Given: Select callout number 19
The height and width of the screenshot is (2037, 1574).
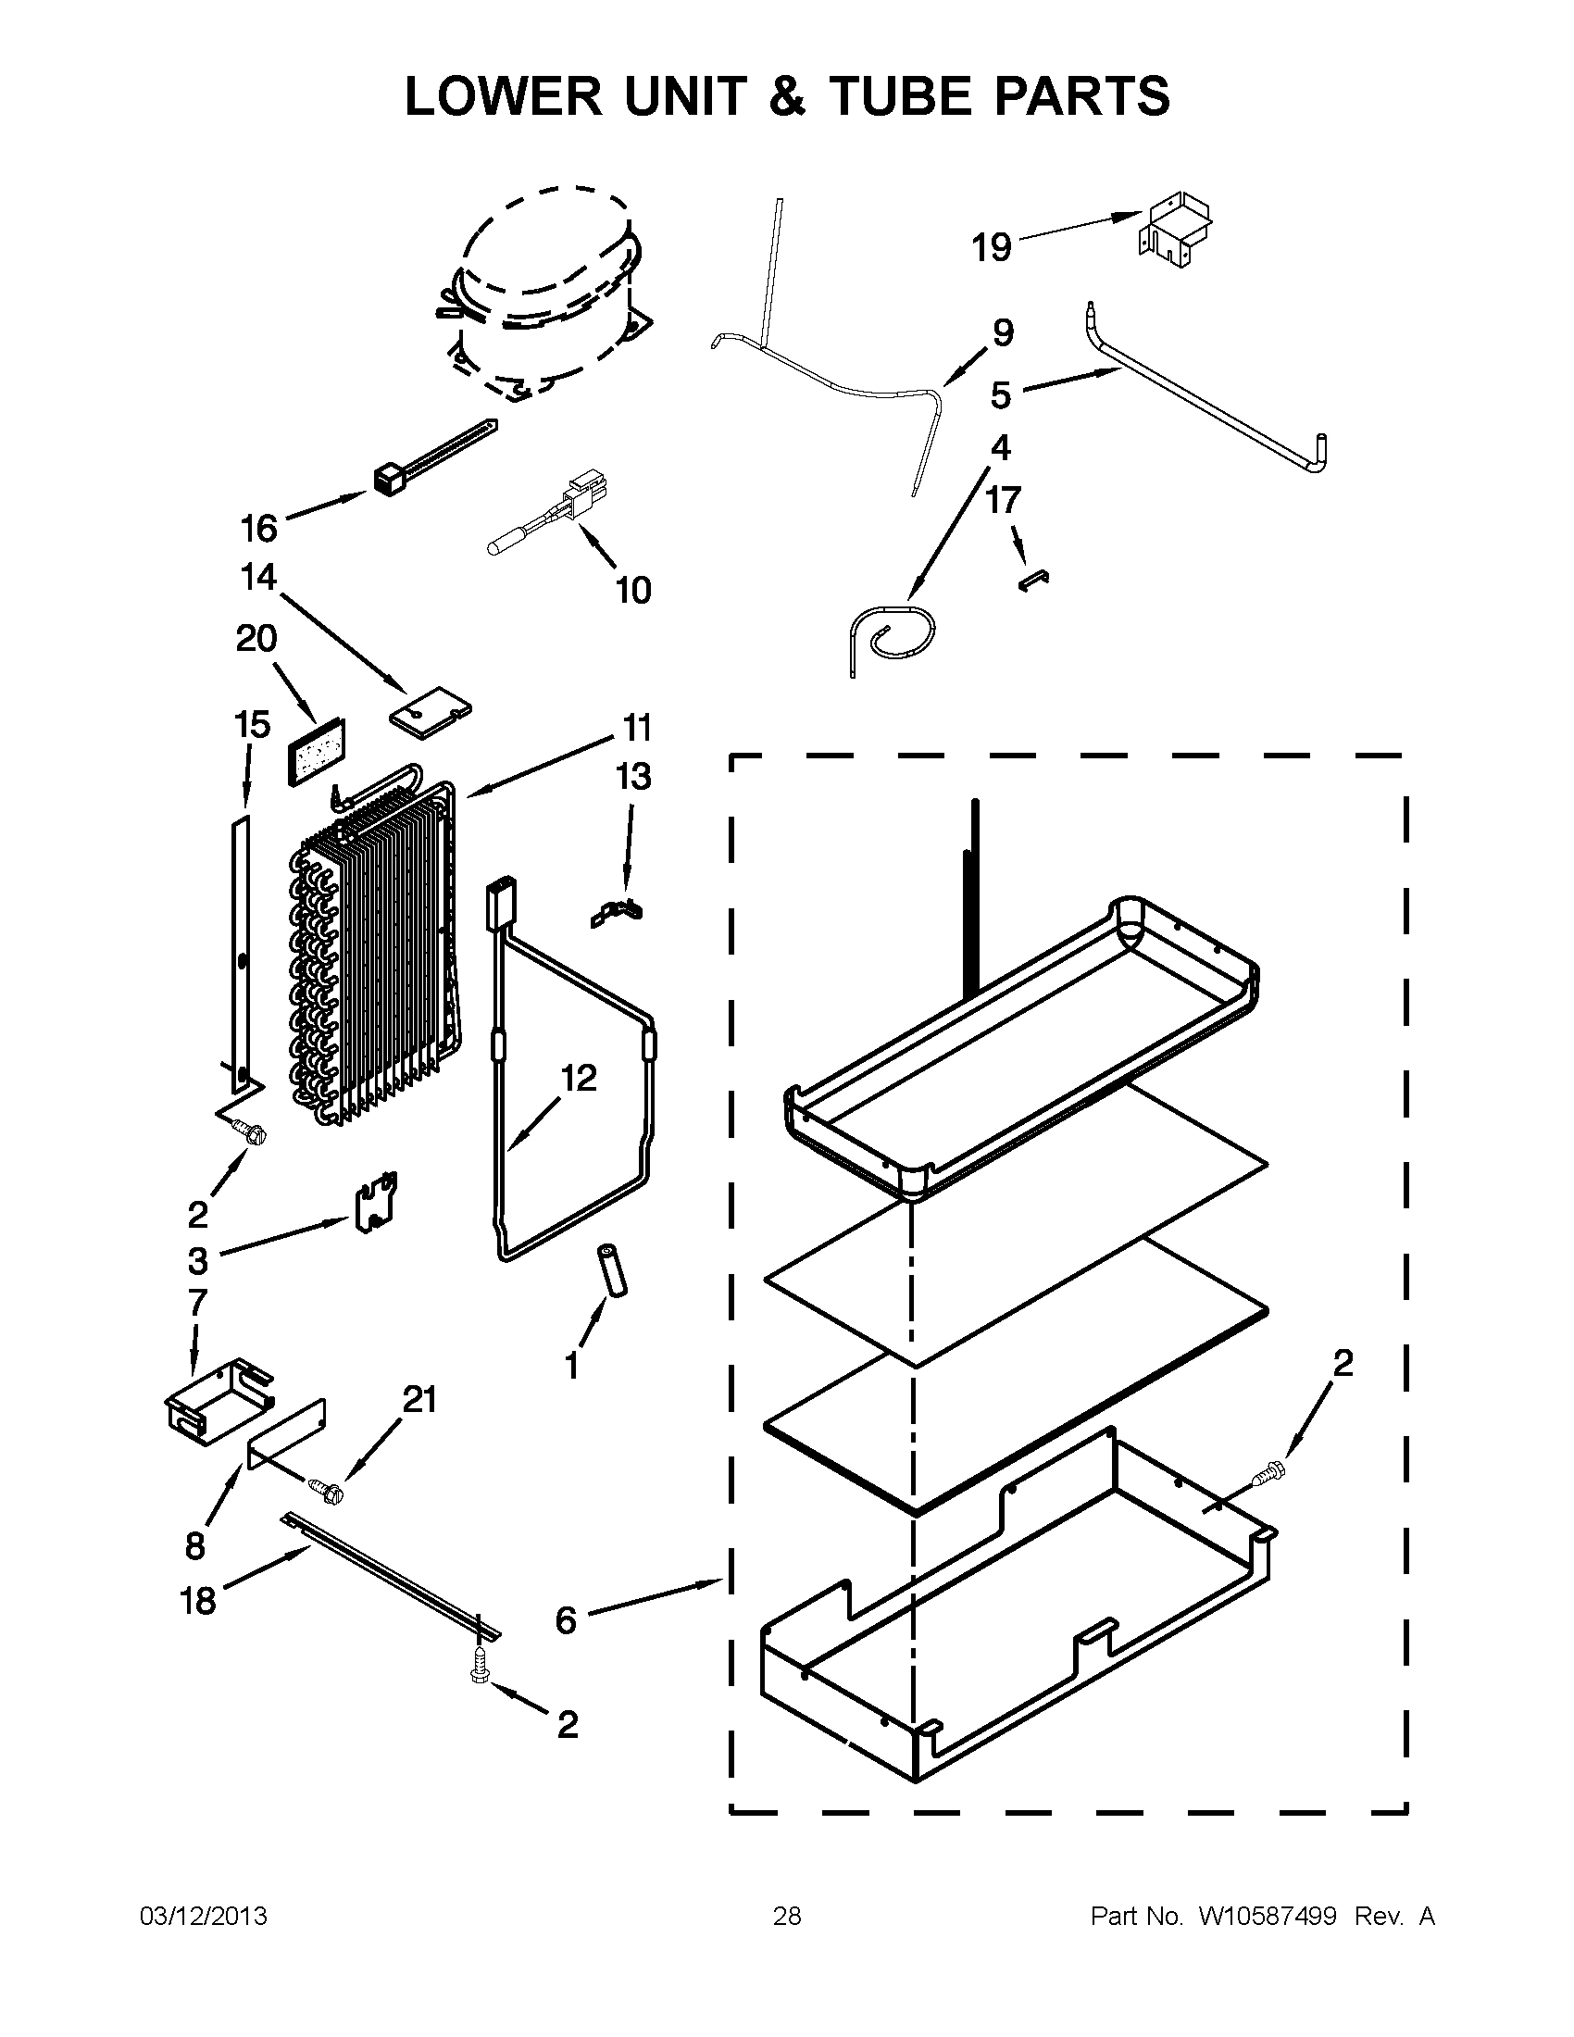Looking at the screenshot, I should (x=992, y=248).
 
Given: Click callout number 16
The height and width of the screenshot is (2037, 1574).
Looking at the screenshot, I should (x=259, y=529).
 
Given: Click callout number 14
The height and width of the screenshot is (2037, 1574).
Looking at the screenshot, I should (x=258, y=578).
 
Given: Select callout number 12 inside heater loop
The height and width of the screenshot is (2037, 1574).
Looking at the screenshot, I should (x=578, y=1078).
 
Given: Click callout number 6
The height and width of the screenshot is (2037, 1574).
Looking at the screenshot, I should (x=566, y=1620).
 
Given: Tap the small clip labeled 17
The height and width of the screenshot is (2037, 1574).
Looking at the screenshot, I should (x=1033, y=582).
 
